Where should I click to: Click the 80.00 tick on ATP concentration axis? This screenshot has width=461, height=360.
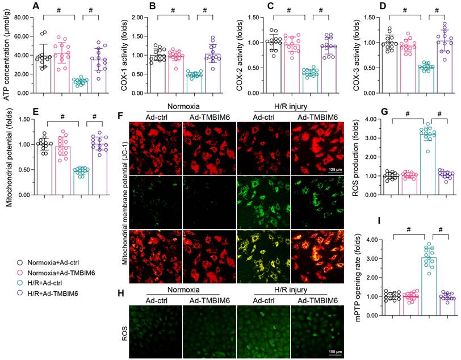(x=20, y=17)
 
